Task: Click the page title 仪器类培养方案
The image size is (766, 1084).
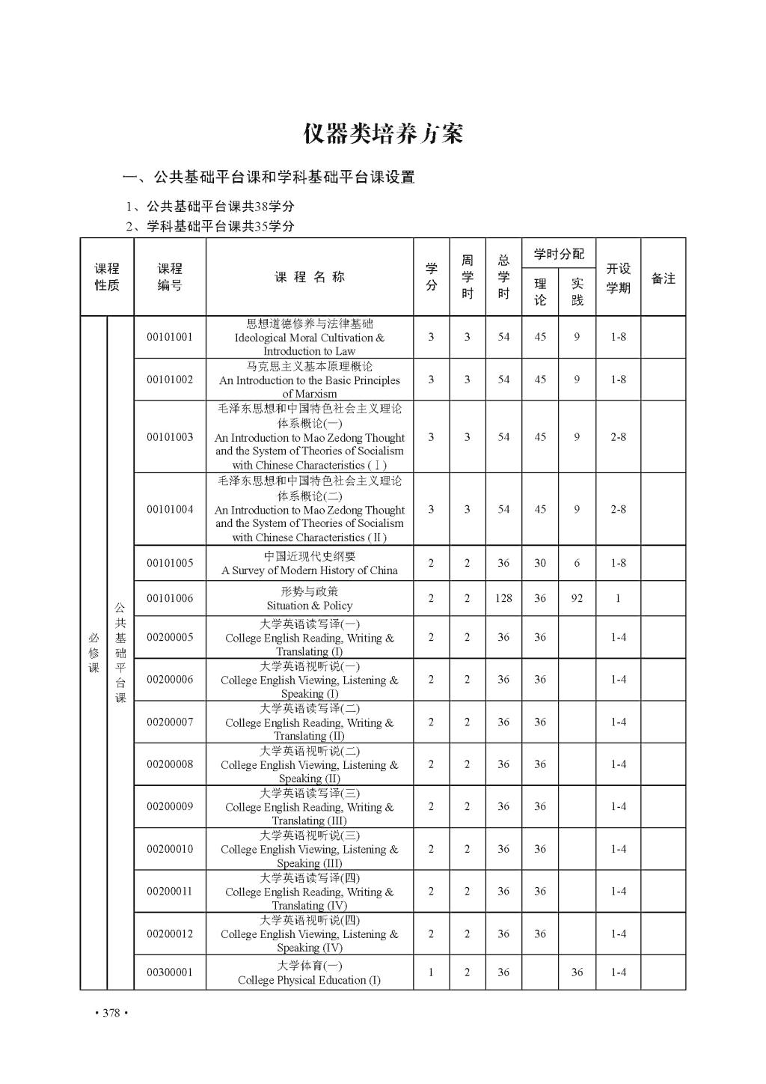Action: (383, 134)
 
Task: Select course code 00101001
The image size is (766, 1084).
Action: (170, 337)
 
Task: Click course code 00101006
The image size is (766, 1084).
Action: (170, 598)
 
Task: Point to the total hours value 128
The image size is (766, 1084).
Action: (503, 598)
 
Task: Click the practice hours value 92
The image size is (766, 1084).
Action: (577, 598)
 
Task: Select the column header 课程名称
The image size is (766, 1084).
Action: (310, 277)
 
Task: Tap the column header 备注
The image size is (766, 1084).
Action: (663, 278)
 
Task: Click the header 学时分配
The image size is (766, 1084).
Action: (559, 255)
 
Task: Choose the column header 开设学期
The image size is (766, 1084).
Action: (618, 278)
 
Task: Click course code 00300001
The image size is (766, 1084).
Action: (170, 972)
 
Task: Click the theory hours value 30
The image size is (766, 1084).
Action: (540, 563)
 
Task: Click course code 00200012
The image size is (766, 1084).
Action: (170, 934)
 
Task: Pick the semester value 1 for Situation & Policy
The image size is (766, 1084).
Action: (618, 598)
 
